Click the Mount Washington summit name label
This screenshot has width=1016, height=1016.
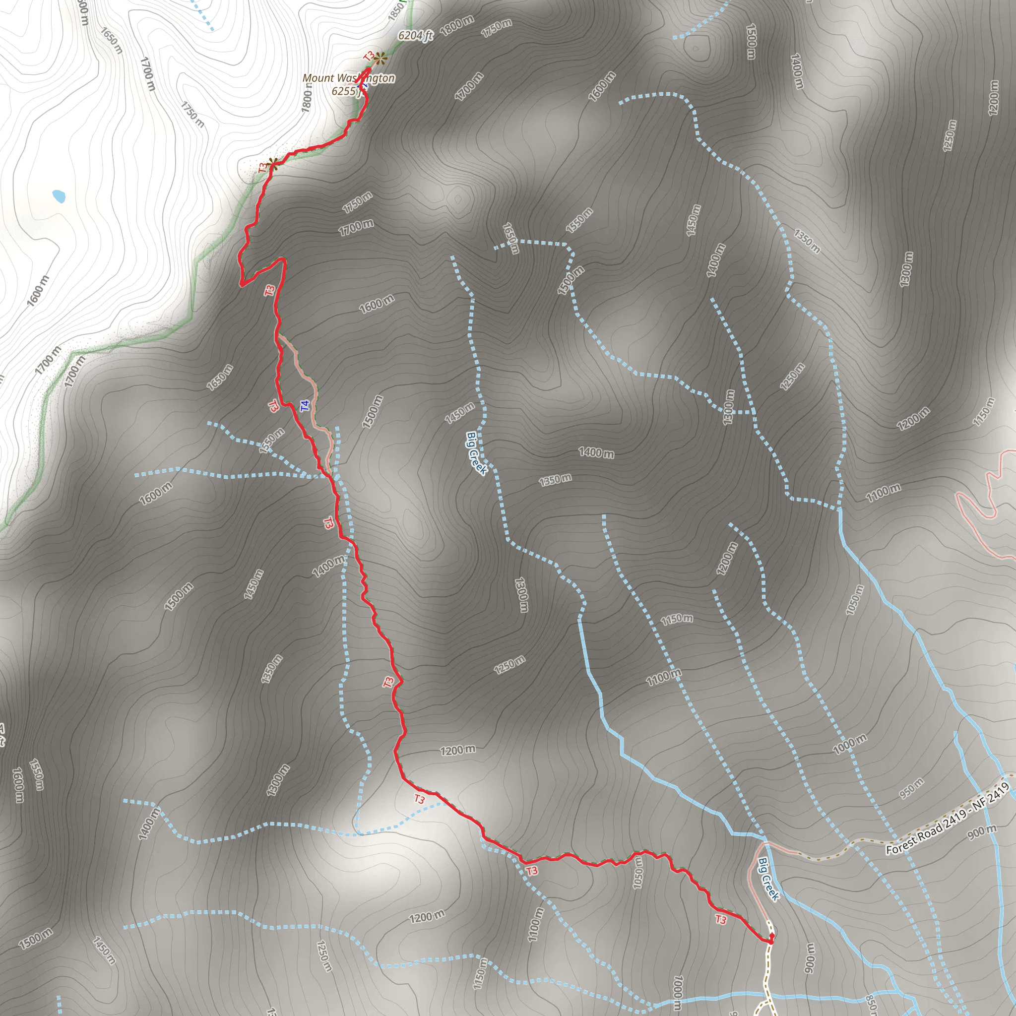pyautogui.click(x=348, y=78)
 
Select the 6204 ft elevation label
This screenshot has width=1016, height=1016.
pyautogui.click(x=415, y=35)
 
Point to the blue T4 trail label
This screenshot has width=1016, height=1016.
pyautogui.click(x=305, y=405)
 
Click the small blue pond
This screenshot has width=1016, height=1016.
pyautogui.click(x=59, y=196)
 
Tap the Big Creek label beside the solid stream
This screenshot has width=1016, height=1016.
pyautogui.click(x=768, y=879)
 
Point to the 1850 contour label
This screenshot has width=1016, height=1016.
pyautogui.click(x=396, y=11)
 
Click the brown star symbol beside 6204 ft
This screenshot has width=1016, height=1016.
pyautogui.click(x=381, y=58)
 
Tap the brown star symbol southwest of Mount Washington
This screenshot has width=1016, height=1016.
pyautogui.click(x=272, y=163)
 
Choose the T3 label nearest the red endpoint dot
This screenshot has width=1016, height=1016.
pyautogui.click(x=720, y=920)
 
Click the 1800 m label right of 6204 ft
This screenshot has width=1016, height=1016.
pyautogui.click(x=456, y=25)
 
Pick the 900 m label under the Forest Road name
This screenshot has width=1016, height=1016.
pyautogui.click(x=981, y=832)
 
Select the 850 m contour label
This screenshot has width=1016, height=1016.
pyautogui.click(x=871, y=1005)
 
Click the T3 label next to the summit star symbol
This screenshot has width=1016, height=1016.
pyautogui.click(x=369, y=56)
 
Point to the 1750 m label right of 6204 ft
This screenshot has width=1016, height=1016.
pyautogui.click(x=497, y=28)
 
